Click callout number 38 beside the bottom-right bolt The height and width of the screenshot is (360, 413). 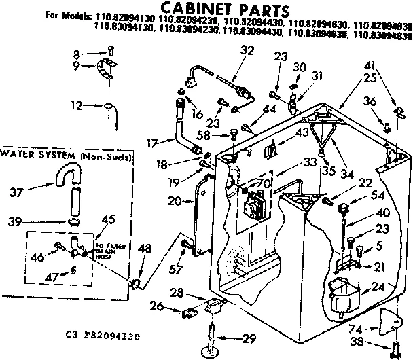[x=372, y=342]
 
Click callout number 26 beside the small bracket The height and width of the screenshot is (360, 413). [x=156, y=306]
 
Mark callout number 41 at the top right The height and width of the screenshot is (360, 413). [x=389, y=66]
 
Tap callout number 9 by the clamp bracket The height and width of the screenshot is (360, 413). [x=77, y=66]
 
